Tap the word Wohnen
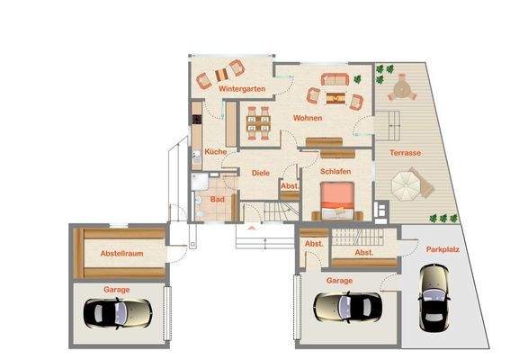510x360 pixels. (x=306, y=118)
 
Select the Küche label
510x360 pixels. (x=215, y=151)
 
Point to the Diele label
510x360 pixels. (x=261, y=172)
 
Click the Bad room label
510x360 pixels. (x=217, y=199)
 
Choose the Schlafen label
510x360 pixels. (x=335, y=170)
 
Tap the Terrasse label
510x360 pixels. (x=407, y=153)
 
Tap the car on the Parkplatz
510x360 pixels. (x=434, y=308)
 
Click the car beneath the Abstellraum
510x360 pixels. (x=118, y=313)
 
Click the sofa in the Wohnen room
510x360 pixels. (x=334, y=79)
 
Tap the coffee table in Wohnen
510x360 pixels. (x=336, y=96)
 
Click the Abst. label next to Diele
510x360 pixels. (x=290, y=186)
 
